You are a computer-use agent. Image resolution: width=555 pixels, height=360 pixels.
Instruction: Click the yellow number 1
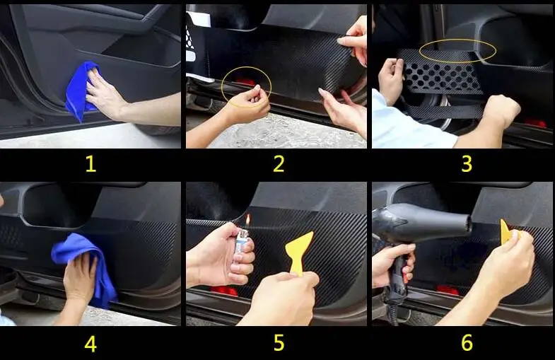[x=91, y=164]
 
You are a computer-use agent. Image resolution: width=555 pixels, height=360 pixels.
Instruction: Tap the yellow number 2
[x=279, y=164]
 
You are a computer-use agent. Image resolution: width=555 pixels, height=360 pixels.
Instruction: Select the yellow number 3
[x=467, y=164]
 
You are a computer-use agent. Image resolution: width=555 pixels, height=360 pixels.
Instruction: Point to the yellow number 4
[x=90, y=344]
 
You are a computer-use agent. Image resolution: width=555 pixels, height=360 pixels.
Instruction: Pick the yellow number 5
[x=279, y=343]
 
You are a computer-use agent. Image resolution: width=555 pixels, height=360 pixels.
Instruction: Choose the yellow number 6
[x=467, y=342]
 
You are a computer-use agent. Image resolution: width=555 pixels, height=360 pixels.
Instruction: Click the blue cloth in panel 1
[x=80, y=91]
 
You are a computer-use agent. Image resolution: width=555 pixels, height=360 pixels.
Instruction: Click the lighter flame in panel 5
[x=247, y=219]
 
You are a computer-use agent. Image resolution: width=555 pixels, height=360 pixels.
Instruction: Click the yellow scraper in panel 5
[x=299, y=251]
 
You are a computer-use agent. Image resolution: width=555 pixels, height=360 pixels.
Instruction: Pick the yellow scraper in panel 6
[x=508, y=232]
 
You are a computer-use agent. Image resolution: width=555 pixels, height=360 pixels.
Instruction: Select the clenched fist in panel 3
[x=501, y=109]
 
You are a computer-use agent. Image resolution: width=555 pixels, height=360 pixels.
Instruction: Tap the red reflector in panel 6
[x=448, y=290]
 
